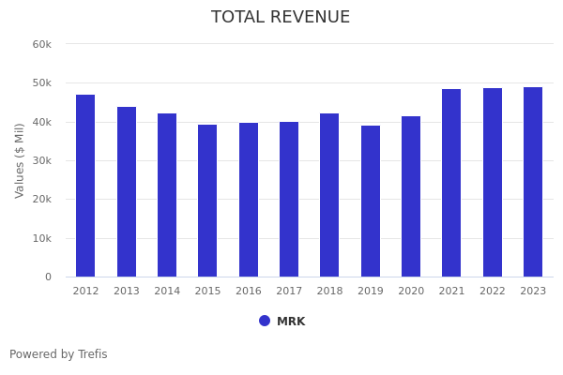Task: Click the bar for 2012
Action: pyautogui.click(x=85, y=186)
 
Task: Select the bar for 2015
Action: pyautogui.click(x=207, y=201)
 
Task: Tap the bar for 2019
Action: pyautogui.click(x=371, y=202)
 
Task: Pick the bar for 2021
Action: pyautogui.click(x=451, y=183)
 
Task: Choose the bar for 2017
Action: pyautogui.click(x=289, y=199)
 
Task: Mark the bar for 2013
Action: pyautogui.click(x=127, y=191)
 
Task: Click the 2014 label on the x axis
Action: pyautogui.click(x=167, y=292)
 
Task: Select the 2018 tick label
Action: pyautogui.click(x=329, y=292)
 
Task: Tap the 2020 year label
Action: pyautogui.click(x=411, y=292)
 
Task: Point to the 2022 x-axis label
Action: pyautogui.click(x=493, y=292)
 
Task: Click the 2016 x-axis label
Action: pyautogui.click(x=249, y=292)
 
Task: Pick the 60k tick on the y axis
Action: pyautogui.click(x=41, y=44)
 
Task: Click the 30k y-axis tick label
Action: pyautogui.click(x=41, y=160)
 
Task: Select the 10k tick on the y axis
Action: pyautogui.click(x=41, y=238)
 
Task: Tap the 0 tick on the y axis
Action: pyautogui.click(x=48, y=277)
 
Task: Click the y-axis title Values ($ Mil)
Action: pyautogui.click(x=20, y=160)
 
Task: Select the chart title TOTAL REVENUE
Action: pyautogui.click(x=281, y=18)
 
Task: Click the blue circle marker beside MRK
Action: pyautogui.click(x=265, y=321)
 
